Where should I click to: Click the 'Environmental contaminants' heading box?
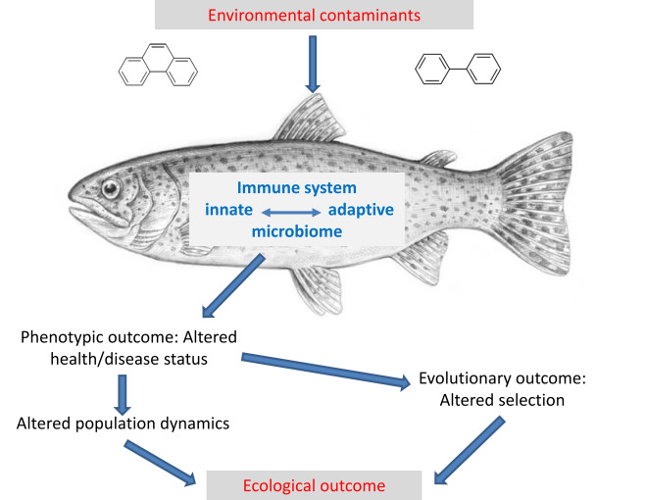313,15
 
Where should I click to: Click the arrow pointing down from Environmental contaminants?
313,63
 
